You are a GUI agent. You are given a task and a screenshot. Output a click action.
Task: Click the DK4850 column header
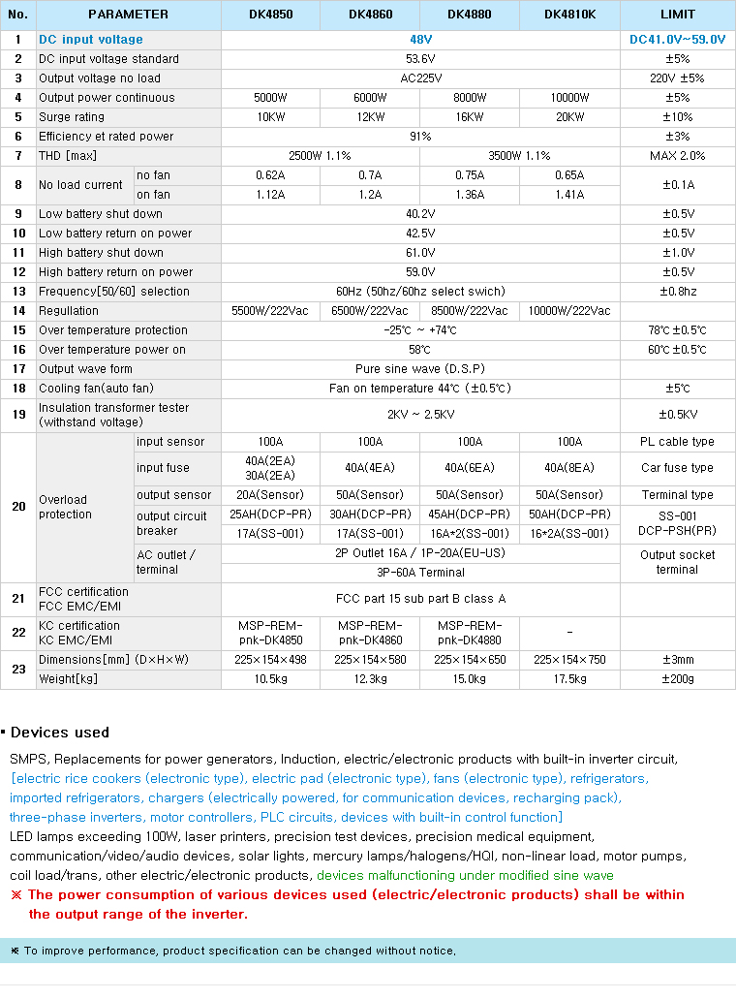coord(270,15)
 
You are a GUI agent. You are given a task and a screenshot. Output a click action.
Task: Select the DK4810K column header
coord(569,15)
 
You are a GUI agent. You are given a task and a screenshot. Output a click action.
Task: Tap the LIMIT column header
coord(677,15)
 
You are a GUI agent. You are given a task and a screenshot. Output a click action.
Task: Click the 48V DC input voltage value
coord(420,40)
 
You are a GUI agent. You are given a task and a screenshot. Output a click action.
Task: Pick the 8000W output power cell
coord(470,98)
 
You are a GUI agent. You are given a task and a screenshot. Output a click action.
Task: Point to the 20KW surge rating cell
coord(569,117)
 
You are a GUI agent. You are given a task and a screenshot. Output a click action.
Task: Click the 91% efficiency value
coord(420,137)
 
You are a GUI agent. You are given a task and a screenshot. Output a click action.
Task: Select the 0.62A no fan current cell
coord(270,175)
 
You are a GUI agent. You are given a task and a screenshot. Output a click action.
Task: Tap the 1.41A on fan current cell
coord(569,195)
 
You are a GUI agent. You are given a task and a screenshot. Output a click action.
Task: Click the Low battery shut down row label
coord(101,214)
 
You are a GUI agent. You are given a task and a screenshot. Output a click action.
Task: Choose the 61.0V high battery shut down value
coord(420,253)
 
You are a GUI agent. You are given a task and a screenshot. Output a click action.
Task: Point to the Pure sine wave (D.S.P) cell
coord(420,369)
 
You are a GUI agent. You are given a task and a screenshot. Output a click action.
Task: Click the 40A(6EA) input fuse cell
coord(470,468)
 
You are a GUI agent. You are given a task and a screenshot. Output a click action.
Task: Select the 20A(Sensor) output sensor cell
coord(270,495)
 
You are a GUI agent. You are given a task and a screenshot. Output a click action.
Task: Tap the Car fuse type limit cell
coord(677,468)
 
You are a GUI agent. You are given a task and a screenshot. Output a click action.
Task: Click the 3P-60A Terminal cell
coord(420,573)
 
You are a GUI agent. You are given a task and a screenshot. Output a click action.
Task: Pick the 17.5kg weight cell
coord(569,679)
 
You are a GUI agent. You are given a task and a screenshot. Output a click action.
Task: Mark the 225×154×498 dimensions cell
coord(270,660)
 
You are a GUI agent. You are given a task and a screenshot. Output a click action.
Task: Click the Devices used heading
coord(60,733)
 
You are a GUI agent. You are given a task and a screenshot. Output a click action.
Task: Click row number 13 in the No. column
coord(18,292)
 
